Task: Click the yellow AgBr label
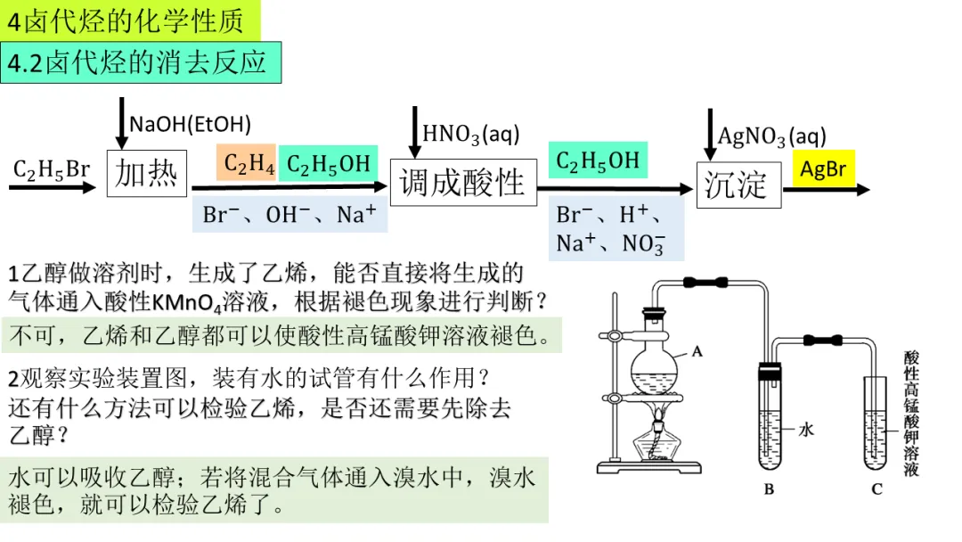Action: (x=822, y=168)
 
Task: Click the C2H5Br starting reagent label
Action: (x=51, y=168)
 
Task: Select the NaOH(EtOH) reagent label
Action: (x=190, y=124)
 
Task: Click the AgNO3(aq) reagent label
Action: (x=771, y=136)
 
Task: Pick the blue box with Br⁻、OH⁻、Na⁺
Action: (x=289, y=214)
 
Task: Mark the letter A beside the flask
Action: (x=697, y=351)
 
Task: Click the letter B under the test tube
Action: (x=769, y=489)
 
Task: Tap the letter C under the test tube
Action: (x=876, y=489)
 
